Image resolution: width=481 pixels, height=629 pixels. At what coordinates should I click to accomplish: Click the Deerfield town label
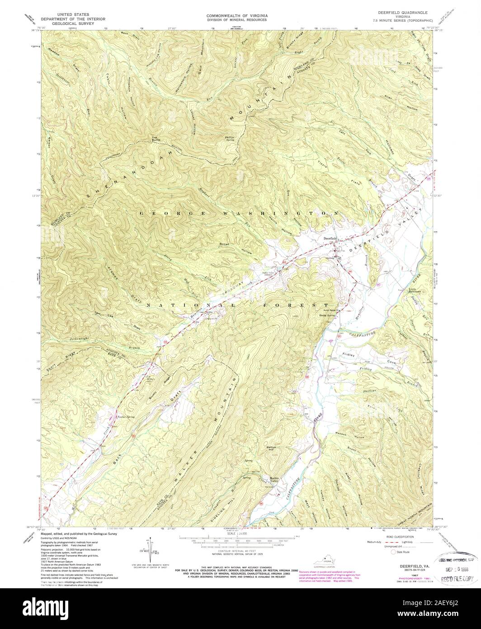pyautogui.click(x=329, y=238)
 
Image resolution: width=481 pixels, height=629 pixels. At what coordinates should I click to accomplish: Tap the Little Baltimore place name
pyautogui.click(x=415, y=290)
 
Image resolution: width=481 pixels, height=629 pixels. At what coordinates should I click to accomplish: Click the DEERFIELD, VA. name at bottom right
pyautogui.click(x=411, y=566)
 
